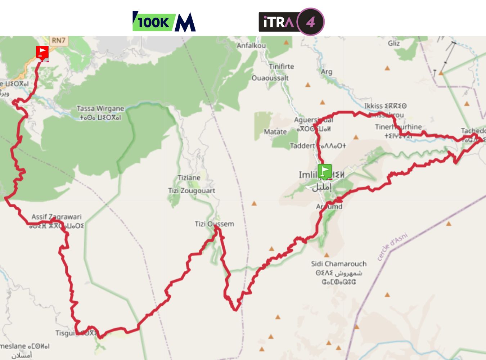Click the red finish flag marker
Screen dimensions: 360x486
coord(42,53)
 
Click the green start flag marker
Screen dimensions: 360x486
coord(324,171)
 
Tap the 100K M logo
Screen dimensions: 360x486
coord(164,22)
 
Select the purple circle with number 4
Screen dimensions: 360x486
coord(310,22)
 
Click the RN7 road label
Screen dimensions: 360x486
coord(58,40)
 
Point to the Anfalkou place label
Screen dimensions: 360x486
coord(251,45)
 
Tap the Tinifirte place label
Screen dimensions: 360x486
coord(281,66)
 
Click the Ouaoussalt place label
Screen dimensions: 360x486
coord(270,78)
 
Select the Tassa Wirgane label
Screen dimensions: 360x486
coord(100,108)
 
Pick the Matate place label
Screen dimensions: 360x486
coord(275,132)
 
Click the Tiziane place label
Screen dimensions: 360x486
coord(189,177)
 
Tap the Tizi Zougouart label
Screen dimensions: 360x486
coord(192,190)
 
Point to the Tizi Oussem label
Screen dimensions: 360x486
coord(214,224)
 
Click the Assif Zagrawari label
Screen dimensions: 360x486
coord(56,217)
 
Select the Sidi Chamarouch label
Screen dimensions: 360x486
coord(338,264)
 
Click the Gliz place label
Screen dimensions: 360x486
coord(393,43)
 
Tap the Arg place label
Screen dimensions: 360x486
coord(327,72)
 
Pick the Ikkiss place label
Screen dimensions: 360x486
coord(373,106)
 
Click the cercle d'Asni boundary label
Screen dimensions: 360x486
coord(392,247)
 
